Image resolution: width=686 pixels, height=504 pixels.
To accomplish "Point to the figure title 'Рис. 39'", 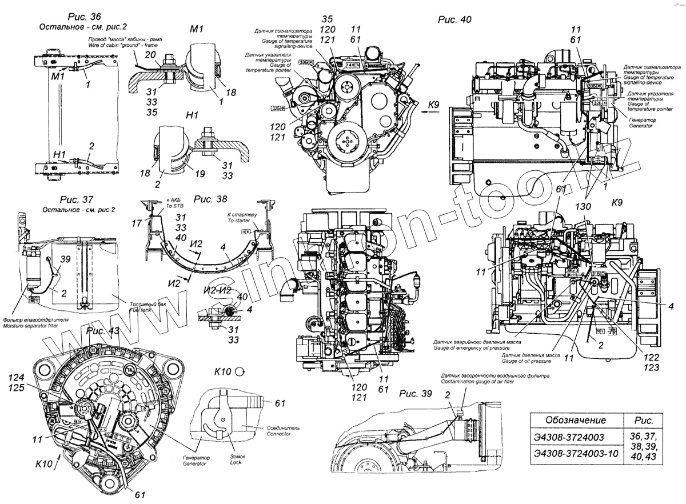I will (416, 394).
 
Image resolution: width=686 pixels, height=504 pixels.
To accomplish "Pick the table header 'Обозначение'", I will (575, 420).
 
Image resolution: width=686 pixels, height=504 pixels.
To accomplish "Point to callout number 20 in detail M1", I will (150, 54).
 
